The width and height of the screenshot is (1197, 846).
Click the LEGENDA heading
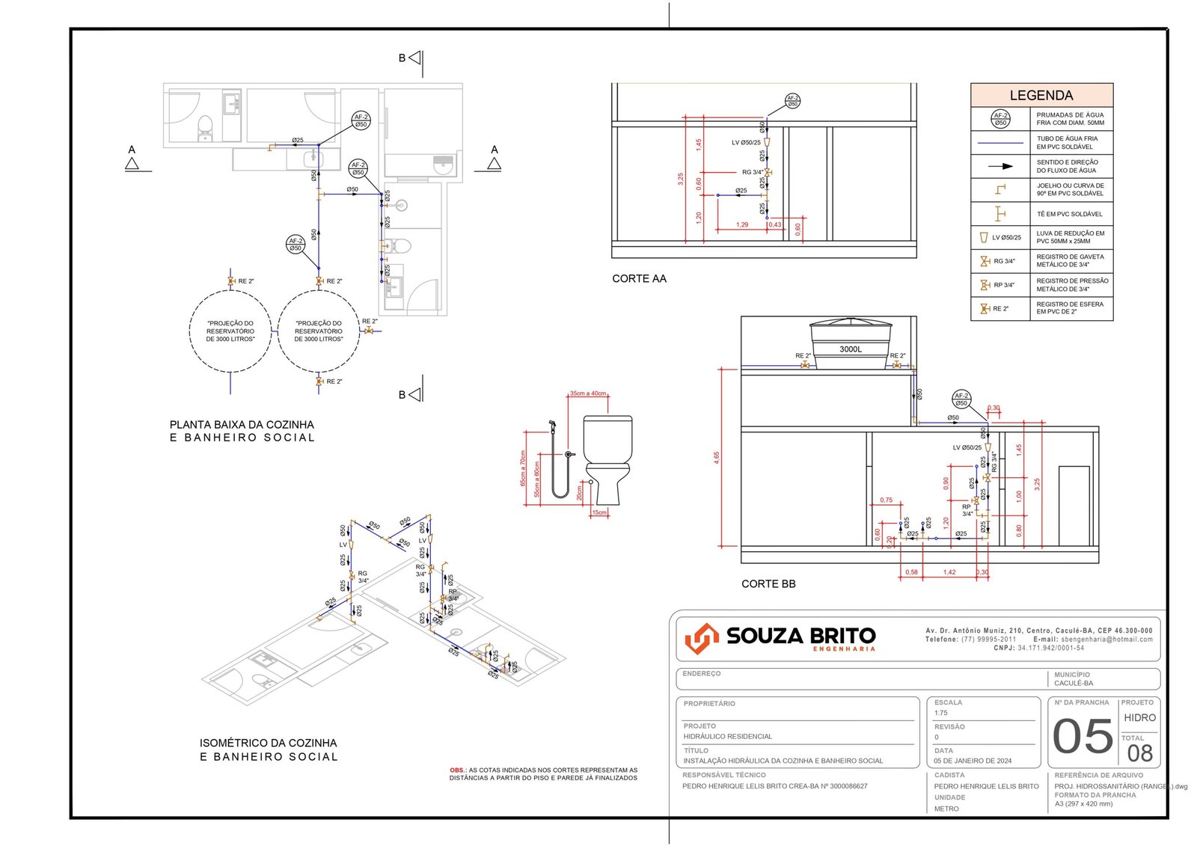[1041, 96]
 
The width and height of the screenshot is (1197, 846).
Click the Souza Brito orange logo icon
[701, 638]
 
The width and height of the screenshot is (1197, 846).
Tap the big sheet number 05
[1083, 737]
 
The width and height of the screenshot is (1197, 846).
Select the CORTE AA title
[639, 279]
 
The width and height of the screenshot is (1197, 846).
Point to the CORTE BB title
[768, 584]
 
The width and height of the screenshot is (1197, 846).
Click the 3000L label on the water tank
[850, 349]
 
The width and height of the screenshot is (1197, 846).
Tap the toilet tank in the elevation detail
[607, 438]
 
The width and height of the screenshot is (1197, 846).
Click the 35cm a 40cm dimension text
[588, 393]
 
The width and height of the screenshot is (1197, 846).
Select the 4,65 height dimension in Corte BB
[716, 457]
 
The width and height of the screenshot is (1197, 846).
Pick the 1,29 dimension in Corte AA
[742, 224]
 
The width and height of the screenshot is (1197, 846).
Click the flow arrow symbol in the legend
[1000, 166]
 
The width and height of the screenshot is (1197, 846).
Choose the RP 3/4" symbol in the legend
[985, 285]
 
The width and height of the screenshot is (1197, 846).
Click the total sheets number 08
[1139, 753]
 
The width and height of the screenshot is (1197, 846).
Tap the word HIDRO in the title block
[1139, 718]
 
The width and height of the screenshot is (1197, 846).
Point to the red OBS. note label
[458, 770]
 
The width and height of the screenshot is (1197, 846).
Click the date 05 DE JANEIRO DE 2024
[972, 761]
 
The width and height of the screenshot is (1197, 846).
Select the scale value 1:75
[940, 713]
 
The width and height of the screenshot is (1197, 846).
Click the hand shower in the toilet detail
[552, 425]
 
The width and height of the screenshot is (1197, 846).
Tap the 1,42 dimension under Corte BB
[949, 572]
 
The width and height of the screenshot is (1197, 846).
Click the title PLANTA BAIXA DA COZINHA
[242, 425]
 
